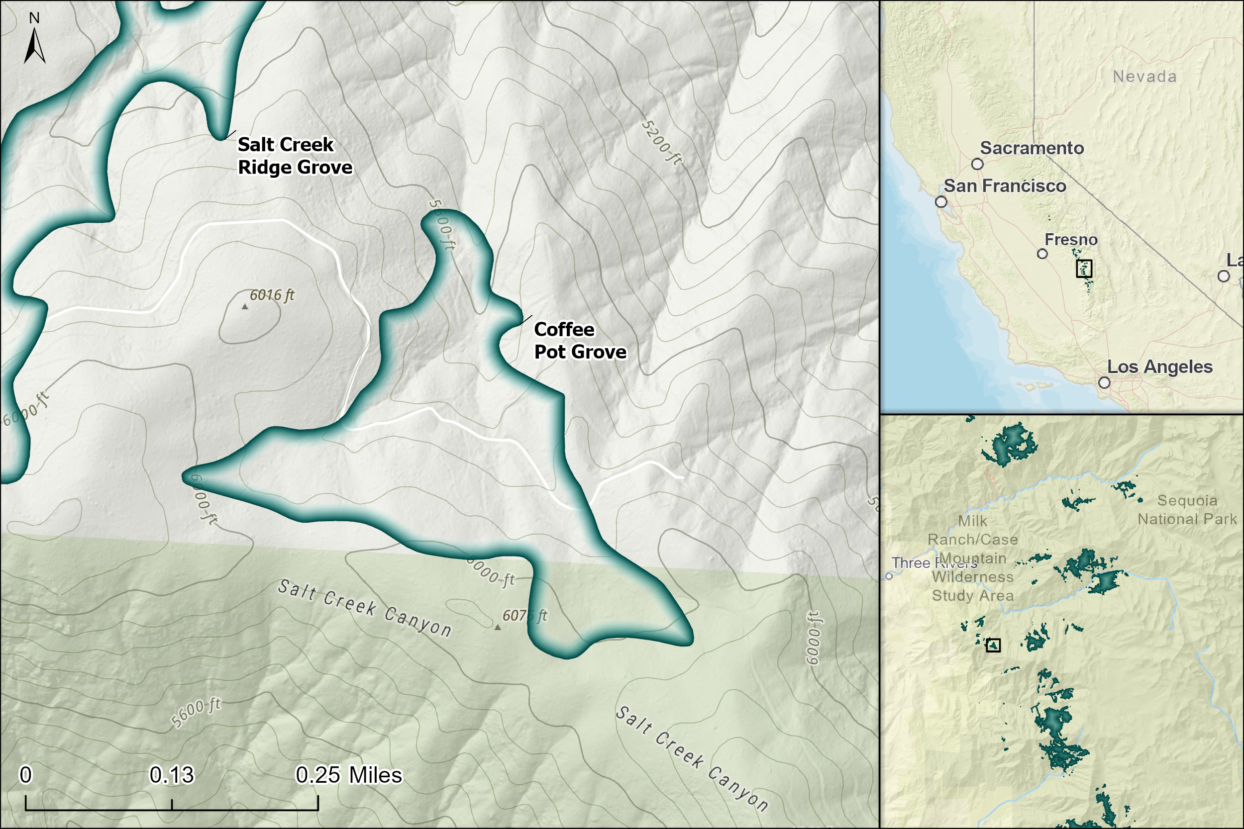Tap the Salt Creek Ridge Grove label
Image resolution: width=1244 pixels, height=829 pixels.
[295, 156]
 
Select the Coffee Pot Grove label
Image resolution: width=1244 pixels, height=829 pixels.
[580, 341]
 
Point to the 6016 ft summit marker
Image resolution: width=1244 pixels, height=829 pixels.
[245, 307]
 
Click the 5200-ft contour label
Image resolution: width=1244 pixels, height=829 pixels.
[661, 142]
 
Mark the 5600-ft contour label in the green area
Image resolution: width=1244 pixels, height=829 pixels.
[196, 712]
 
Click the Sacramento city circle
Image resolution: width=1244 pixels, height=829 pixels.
[977, 164]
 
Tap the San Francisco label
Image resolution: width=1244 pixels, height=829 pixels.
[1004, 186]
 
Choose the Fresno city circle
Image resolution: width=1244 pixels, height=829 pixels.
[1042, 254]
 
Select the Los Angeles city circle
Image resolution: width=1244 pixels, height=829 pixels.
[1104, 382]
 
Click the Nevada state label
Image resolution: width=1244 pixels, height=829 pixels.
[1144, 77]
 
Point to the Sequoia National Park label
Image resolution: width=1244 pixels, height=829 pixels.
[1187, 510]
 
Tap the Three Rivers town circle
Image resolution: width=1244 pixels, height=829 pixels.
[889, 576]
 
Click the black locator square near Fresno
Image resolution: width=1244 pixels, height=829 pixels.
[1084, 269]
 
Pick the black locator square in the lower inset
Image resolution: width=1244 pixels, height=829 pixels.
[993, 645]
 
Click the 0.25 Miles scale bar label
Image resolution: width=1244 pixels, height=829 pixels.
[348, 775]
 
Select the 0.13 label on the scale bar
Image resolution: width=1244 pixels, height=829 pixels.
[171, 775]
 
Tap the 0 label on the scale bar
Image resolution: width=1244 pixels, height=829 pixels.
[25, 775]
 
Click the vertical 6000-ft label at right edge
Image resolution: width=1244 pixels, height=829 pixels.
[813, 638]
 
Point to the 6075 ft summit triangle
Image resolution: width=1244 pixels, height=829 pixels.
[497, 628]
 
